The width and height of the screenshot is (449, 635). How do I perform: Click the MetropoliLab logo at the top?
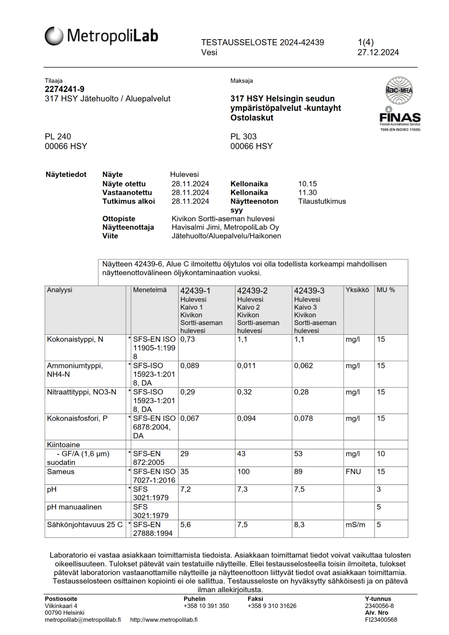pos(101,36)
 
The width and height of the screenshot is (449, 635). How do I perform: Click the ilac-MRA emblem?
pos(399,90)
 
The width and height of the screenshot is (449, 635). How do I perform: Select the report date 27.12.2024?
pos(378,53)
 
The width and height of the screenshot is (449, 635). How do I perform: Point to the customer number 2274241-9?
pos(65,89)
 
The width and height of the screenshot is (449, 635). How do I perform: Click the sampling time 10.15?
pos(307,184)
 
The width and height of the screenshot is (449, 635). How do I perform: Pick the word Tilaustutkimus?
pos(322,201)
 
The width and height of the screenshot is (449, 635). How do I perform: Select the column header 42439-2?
pos(252,291)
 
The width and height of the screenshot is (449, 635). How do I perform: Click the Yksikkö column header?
pos(357,290)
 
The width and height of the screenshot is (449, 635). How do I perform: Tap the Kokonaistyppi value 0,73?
pos(187,339)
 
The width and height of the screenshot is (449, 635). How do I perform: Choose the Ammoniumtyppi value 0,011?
pos(246,366)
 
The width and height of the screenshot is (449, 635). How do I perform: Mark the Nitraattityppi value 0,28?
pos(301,392)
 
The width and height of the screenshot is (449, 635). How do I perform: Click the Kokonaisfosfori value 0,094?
pos(246,418)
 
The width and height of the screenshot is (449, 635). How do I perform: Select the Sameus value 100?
pos(243,471)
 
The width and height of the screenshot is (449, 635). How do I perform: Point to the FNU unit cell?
pos(353,471)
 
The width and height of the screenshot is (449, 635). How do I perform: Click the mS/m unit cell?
pos(355,525)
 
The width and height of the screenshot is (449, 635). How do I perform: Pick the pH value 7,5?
pos(299,489)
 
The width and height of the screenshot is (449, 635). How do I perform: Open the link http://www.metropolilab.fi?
pos(164,620)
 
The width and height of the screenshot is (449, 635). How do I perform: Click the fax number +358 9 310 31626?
pos(272,606)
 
